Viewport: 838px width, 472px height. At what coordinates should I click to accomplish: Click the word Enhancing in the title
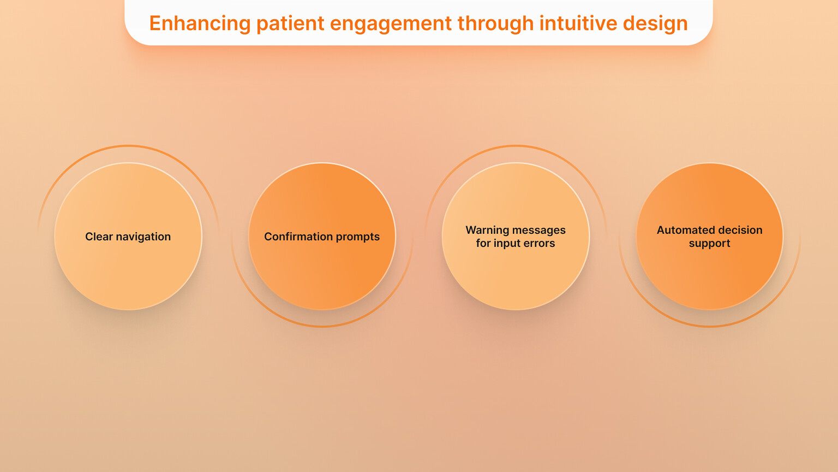200,23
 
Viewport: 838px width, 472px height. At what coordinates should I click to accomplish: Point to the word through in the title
495,23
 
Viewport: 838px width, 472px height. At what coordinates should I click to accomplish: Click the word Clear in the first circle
99,237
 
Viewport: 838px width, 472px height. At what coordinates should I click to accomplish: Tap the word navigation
143,237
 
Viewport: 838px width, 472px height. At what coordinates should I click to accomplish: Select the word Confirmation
298,237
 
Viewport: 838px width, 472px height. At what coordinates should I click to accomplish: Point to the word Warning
487,230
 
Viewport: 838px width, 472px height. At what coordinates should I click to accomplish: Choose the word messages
539,230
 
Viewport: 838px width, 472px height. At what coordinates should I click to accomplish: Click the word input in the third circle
507,243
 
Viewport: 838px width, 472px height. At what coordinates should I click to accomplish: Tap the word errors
539,243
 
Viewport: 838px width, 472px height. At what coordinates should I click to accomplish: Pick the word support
709,244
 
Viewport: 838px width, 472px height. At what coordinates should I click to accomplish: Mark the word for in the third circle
483,243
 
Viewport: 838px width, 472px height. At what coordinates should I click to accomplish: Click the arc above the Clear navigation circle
128,146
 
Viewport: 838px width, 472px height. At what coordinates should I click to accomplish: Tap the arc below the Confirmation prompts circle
322,326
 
